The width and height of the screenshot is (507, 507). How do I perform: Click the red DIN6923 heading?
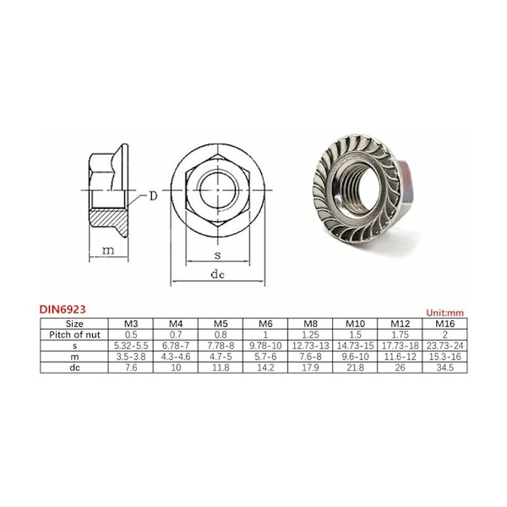pos(63,309)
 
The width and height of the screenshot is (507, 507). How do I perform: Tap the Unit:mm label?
pos(445,313)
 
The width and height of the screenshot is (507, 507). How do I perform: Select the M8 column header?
pos(310,324)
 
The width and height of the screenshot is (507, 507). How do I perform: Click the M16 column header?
pos(445,324)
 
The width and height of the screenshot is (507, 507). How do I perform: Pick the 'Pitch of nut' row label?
pos(74,335)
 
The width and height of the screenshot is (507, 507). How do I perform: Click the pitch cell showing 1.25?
pos(310,335)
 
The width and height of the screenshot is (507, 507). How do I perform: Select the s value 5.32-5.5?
pos(131,346)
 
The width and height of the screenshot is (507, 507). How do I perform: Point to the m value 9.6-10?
pos(355,357)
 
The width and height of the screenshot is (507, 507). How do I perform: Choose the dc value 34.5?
pos(445,368)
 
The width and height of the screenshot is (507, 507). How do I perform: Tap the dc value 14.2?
pos(265,368)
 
